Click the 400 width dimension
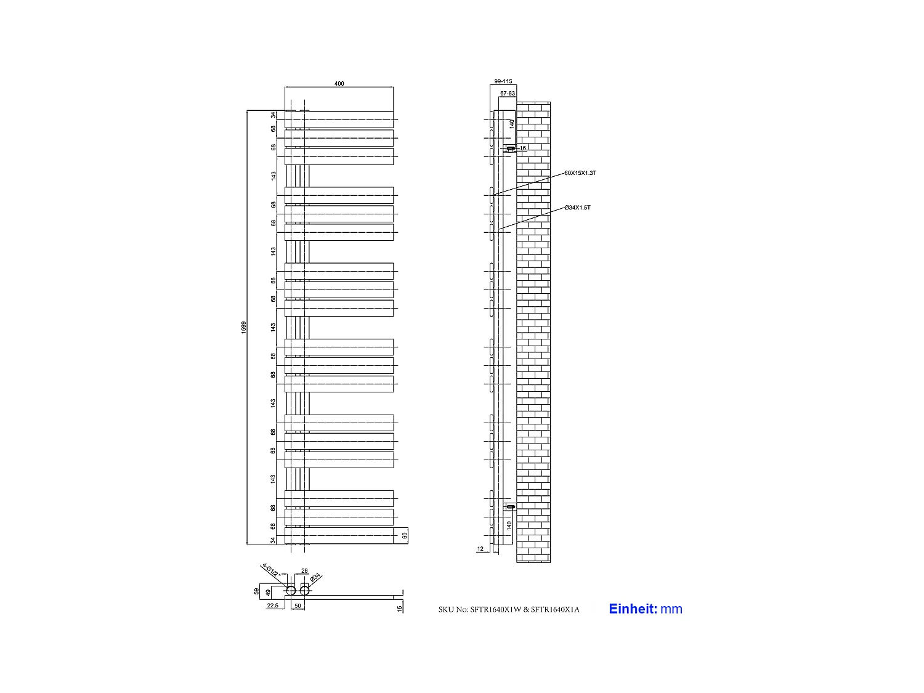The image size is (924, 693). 339,84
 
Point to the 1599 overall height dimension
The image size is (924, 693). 244,327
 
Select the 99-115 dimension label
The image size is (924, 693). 503,81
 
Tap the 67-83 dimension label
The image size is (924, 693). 508,94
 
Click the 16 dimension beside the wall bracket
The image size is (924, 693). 523,148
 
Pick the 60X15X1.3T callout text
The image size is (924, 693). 580,173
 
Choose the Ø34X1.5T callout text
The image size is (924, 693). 578,208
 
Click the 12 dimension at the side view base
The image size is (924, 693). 480,548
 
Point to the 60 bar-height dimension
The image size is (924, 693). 405,535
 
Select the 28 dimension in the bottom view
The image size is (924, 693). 304,571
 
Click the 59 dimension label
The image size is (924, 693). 257,591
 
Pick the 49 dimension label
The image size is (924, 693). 268,593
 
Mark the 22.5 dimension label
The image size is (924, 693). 272,606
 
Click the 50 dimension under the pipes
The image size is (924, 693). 298,606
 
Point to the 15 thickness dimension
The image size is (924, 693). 400,609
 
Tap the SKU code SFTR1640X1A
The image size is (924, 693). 555,610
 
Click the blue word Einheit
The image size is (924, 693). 633,609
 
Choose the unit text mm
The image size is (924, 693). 671,609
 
